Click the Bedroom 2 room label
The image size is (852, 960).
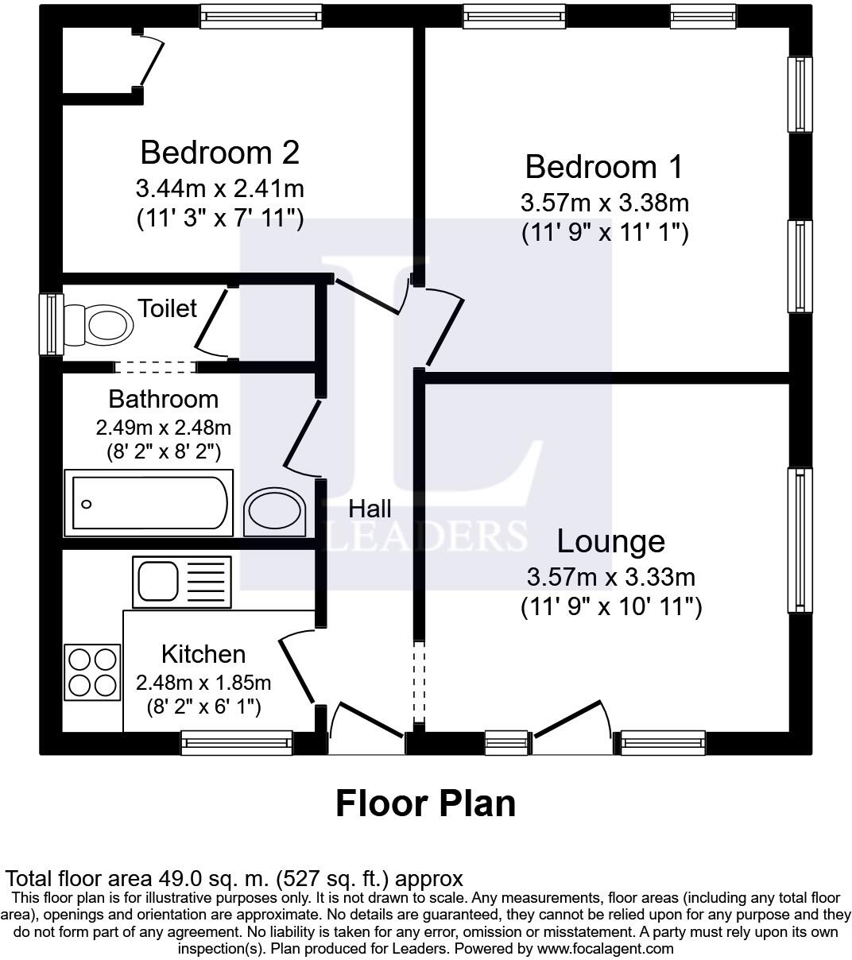pyautogui.click(x=220, y=153)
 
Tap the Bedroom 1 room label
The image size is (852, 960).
pyautogui.click(x=604, y=167)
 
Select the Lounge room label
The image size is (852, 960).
pyautogui.click(x=611, y=541)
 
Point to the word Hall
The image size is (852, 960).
pyautogui.click(x=370, y=509)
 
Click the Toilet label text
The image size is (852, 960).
pyautogui.click(x=167, y=308)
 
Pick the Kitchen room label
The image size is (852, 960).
pyautogui.click(x=203, y=654)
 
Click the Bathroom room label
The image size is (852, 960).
pyautogui.click(x=164, y=399)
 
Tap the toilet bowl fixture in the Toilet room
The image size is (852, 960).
pyautogui.click(x=98, y=325)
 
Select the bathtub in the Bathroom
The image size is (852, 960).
pyautogui.click(x=149, y=503)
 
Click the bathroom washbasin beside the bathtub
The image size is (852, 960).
pyautogui.click(x=275, y=513)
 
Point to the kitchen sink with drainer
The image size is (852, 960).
pyautogui.click(x=182, y=582)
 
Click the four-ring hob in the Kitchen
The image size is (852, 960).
pyautogui.click(x=92, y=672)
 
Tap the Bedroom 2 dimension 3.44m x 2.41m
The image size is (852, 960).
pyautogui.click(x=220, y=188)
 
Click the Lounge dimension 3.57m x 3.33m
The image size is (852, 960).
pyautogui.click(x=611, y=577)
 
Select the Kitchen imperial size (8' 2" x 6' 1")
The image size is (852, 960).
pyautogui.click(x=203, y=707)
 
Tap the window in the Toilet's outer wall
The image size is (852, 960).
pyautogui.click(x=51, y=324)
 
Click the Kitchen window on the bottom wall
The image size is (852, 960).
pyautogui.click(x=237, y=742)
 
